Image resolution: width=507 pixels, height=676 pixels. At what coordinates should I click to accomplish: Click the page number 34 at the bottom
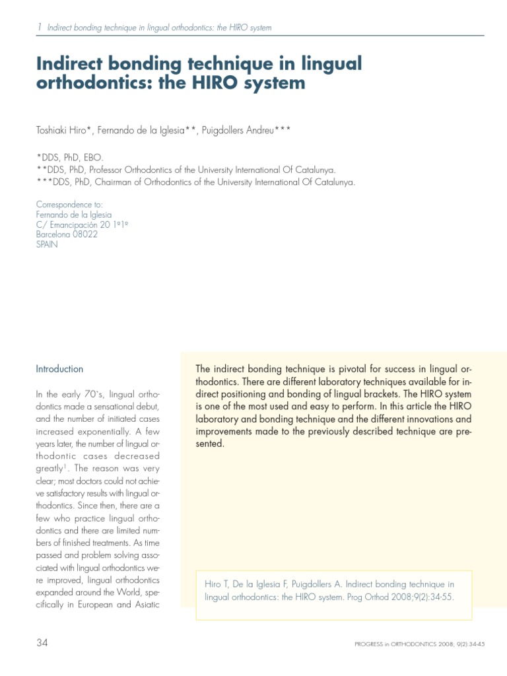[43, 643]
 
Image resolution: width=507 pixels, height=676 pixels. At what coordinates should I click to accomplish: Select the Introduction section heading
[59, 369]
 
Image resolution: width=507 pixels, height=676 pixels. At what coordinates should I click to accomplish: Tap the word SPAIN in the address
[47, 244]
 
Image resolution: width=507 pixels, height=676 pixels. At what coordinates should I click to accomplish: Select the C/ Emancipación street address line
[81, 224]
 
